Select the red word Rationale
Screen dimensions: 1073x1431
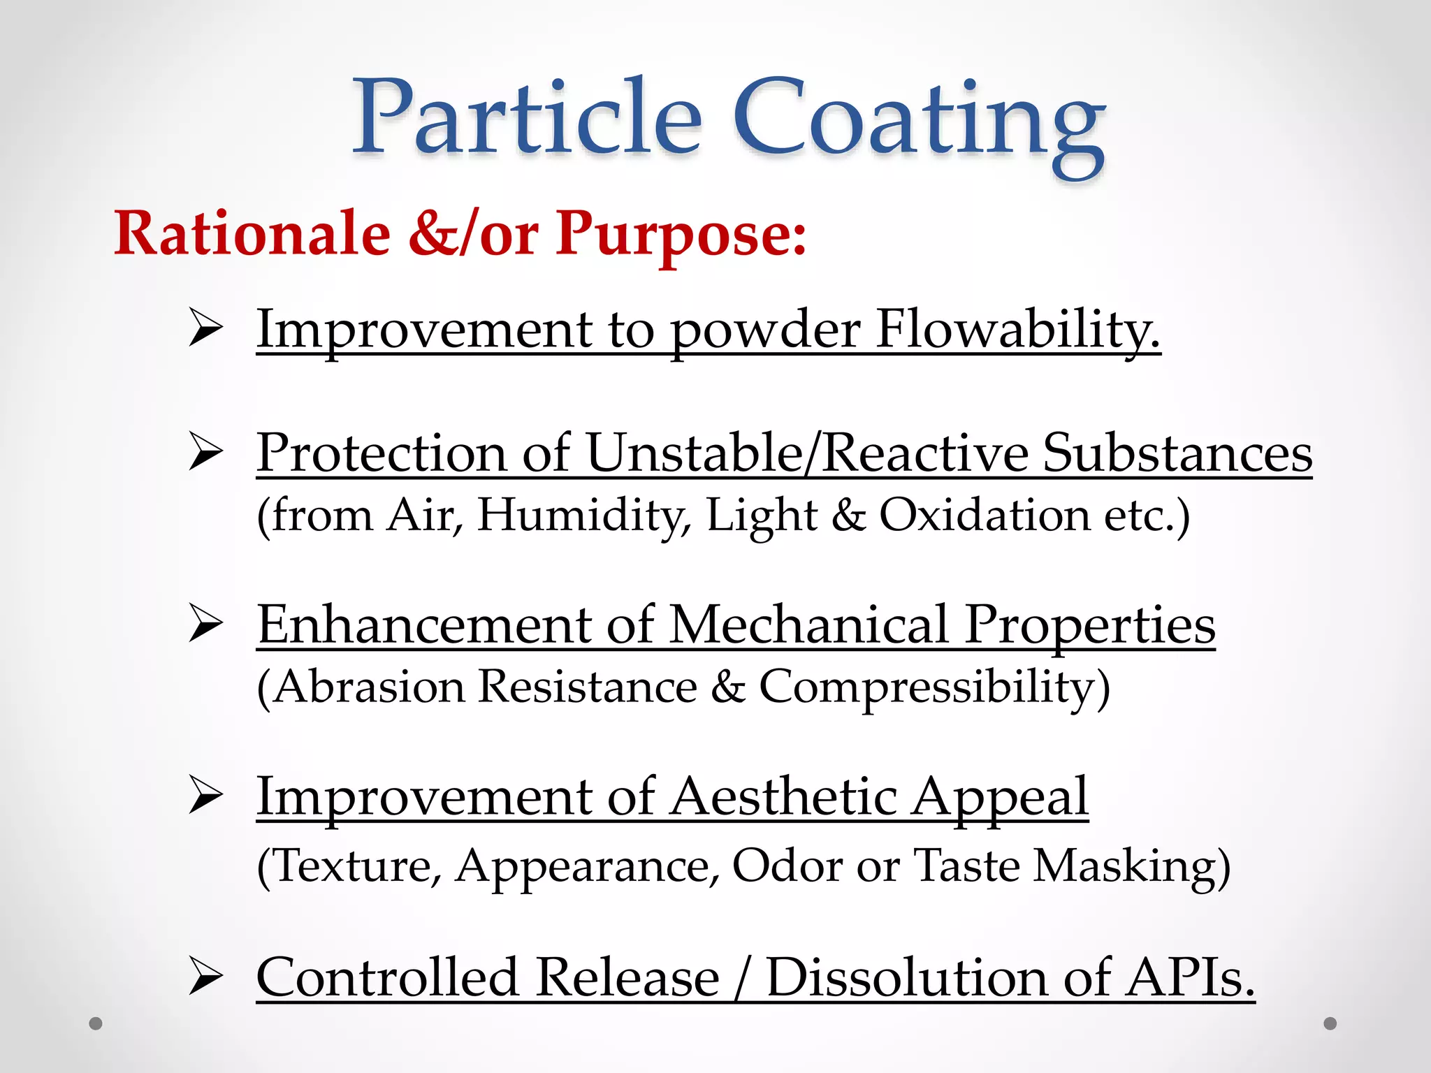click(x=252, y=233)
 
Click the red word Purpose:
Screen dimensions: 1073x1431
click(x=681, y=235)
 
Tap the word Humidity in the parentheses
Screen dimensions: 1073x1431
click(x=583, y=516)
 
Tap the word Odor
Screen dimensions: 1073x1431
click(x=787, y=866)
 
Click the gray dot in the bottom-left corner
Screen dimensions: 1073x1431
click(x=96, y=1023)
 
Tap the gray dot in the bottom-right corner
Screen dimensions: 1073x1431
click(x=1330, y=1023)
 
